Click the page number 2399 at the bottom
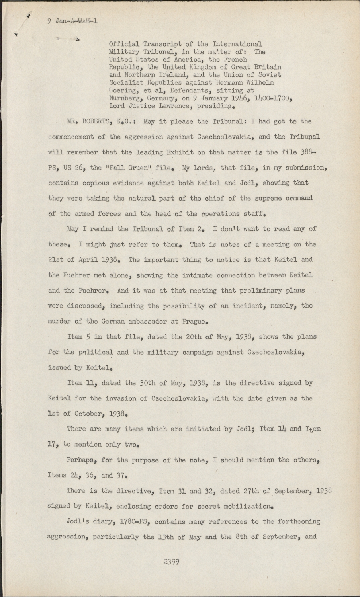point(172,562)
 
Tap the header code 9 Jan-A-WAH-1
point(72,21)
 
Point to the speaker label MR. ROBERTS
point(88,121)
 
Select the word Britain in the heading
point(268,67)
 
